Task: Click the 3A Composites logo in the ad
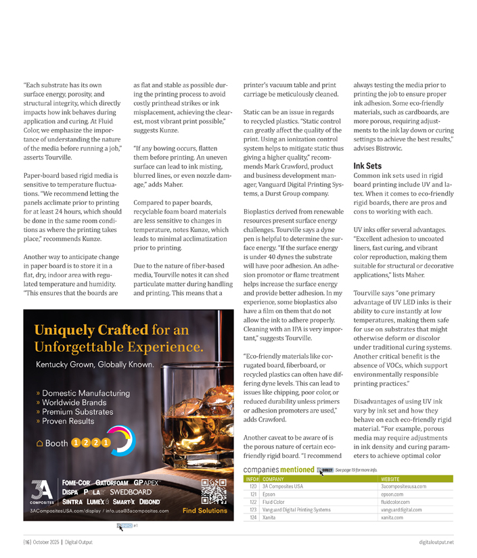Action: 41,492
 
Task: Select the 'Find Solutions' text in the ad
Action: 205,511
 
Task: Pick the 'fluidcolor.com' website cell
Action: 395,502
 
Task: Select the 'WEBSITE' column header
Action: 393,479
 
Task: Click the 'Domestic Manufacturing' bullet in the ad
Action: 85,393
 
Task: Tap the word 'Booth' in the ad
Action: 56,443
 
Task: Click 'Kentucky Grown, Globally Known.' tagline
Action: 95,365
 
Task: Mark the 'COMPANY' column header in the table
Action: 277,479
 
